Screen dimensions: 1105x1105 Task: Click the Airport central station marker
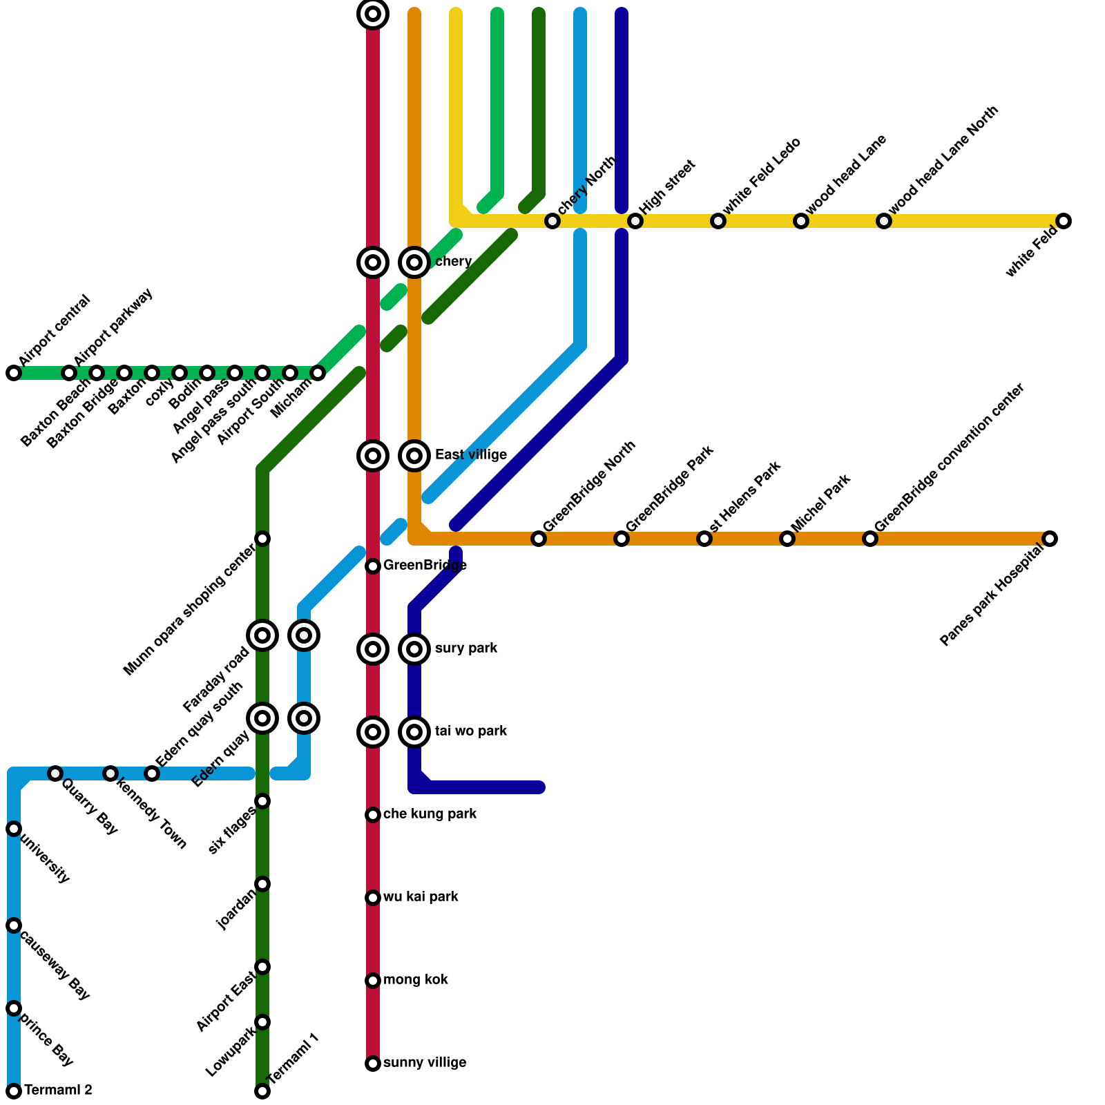(14, 373)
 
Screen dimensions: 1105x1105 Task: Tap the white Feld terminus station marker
(1064, 221)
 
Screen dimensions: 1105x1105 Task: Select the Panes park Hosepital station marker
(1050, 539)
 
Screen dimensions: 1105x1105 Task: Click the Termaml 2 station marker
(14, 1091)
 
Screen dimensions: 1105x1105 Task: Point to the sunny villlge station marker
(373, 1064)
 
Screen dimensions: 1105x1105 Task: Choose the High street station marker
(635, 221)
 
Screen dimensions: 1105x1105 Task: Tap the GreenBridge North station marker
(539, 539)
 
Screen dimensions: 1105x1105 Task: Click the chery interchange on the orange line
(414, 262)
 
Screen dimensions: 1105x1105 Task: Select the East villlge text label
(471, 455)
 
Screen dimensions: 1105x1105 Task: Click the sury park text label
(466, 648)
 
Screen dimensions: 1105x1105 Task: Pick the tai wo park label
(471, 731)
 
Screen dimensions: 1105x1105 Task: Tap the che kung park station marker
(373, 815)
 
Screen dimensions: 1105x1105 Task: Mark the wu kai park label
(421, 897)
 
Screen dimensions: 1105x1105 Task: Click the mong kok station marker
(373, 981)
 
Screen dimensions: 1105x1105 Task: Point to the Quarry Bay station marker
(55, 773)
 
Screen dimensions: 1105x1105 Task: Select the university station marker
(14, 829)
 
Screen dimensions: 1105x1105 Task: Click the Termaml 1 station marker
(262, 1091)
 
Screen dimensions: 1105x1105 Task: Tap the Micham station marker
(318, 373)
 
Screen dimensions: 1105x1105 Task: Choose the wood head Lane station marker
(801, 221)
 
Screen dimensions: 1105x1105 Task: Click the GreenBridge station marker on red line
(373, 566)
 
